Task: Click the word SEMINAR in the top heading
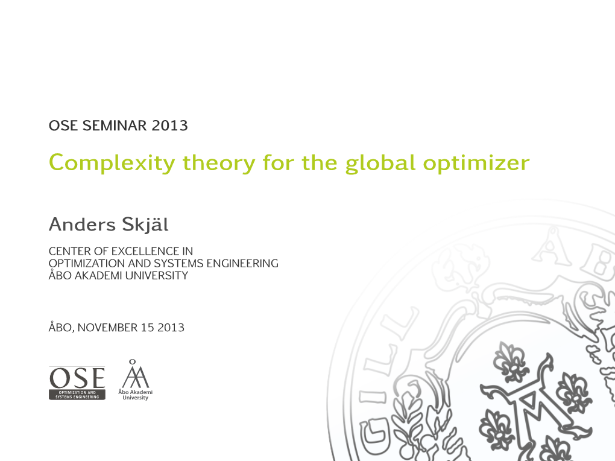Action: click(114, 126)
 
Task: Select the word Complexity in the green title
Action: click(112, 163)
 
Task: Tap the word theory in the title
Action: click(219, 163)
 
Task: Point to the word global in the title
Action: click(380, 163)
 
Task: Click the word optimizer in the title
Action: click(476, 163)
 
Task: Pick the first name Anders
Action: click(82, 224)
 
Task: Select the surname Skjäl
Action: click(145, 225)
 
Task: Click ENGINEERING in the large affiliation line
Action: click(242, 264)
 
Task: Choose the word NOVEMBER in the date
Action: click(107, 328)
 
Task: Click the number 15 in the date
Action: click(147, 328)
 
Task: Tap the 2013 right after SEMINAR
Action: click(170, 126)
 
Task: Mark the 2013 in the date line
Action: click(171, 328)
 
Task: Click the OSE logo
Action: click(77, 383)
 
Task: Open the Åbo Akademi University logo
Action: click(135, 380)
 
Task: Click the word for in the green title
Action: click(278, 163)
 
